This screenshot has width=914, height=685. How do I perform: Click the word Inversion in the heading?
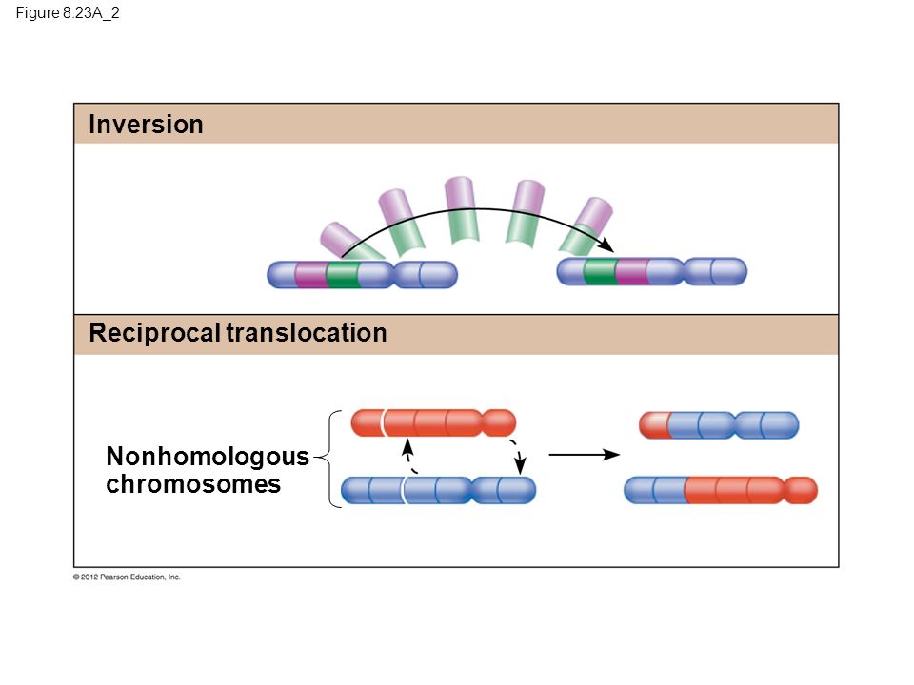[x=146, y=125]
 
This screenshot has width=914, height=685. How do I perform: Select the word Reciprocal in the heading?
[x=154, y=333]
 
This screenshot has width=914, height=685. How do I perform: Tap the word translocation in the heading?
[x=307, y=333]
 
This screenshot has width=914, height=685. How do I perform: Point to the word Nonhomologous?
[x=208, y=457]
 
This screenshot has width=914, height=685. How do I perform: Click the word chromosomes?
[x=193, y=484]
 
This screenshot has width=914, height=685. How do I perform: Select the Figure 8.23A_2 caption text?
[x=68, y=12]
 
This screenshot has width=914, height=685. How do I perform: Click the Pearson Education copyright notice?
[x=127, y=577]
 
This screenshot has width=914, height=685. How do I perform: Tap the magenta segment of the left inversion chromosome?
[x=310, y=274]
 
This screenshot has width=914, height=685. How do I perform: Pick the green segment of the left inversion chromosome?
[x=342, y=274]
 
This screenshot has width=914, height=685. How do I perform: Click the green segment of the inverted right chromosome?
[x=600, y=271]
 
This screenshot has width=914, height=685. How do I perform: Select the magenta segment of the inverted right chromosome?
[x=632, y=271]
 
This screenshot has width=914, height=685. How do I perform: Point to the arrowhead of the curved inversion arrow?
[x=608, y=245]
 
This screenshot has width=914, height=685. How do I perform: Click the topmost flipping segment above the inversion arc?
[x=462, y=209]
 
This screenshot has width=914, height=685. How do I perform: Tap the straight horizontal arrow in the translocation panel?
[x=584, y=455]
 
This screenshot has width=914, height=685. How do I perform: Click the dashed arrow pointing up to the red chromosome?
[x=409, y=457]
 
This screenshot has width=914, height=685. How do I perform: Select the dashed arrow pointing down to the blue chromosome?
[x=517, y=457]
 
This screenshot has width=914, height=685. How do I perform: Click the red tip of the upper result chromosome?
[x=654, y=425]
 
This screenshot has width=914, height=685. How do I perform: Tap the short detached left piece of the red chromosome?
[x=367, y=422]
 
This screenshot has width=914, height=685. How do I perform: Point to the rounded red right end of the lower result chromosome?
[x=801, y=491]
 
